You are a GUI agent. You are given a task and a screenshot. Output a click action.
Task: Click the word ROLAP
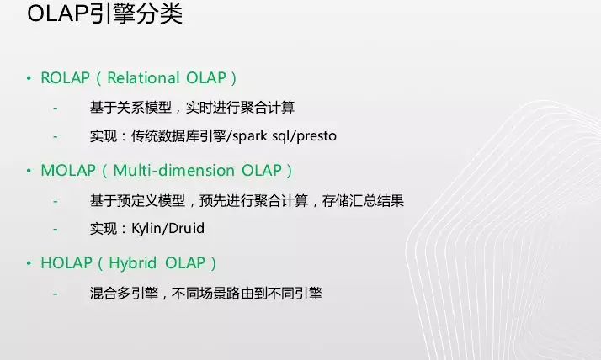(65, 77)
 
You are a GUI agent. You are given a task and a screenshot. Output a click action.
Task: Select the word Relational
(143, 77)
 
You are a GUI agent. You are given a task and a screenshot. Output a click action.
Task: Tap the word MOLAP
(68, 171)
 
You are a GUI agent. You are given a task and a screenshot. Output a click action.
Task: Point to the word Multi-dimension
(174, 171)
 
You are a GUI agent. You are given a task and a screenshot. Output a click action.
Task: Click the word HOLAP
(66, 263)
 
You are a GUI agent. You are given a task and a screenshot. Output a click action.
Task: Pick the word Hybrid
(133, 263)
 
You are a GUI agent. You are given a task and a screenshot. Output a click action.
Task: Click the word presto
(316, 136)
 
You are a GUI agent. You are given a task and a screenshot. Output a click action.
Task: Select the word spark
(249, 136)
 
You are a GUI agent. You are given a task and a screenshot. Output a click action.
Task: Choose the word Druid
(186, 228)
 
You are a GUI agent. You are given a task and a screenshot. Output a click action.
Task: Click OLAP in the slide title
(58, 13)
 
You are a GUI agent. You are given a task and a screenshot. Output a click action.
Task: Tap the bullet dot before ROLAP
(29, 78)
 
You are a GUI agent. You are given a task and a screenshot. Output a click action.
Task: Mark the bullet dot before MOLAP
(29, 171)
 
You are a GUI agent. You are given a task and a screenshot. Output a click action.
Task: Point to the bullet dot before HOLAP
(29, 263)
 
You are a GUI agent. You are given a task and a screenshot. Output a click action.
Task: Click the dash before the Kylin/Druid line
(56, 229)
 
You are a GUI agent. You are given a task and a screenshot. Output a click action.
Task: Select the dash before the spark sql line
(56, 136)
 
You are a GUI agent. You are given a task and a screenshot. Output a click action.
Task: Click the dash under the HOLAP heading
(56, 294)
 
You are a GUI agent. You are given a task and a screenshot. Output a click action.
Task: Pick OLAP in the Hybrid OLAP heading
(185, 263)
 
